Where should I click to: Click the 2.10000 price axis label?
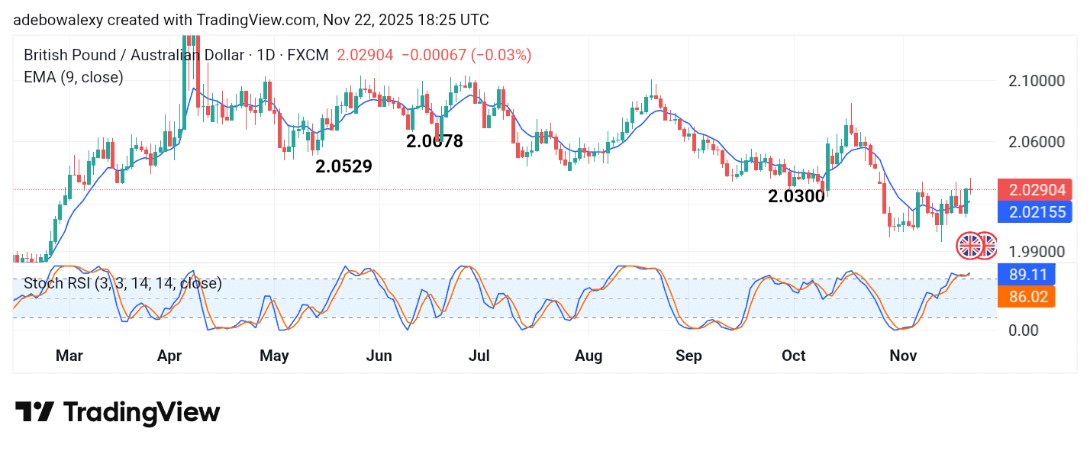(x=1036, y=81)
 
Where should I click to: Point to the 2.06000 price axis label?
(x=1036, y=142)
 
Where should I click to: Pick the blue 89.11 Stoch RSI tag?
(x=1026, y=274)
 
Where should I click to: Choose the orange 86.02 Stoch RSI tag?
(x=1026, y=296)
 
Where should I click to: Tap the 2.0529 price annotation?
(x=343, y=166)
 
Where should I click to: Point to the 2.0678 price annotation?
(x=434, y=141)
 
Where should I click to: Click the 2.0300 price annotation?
(x=797, y=196)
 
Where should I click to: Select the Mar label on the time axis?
(x=69, y=356)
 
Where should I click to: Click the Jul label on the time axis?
(x=479, y=356)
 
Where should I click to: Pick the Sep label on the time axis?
(x=689, y=356)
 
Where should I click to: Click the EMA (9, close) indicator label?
(x=73, y=77)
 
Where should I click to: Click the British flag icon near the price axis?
(x=970, y=246)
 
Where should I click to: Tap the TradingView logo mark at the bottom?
(x=34, y=412)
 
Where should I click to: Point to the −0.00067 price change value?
(x=434, y=55)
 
